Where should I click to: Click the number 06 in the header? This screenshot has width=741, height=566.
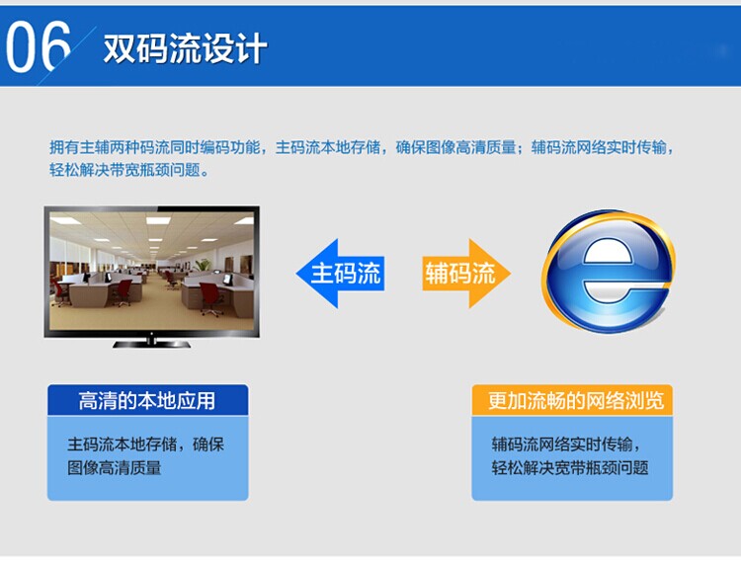tap(38, 47)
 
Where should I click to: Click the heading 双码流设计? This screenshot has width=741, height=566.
tap(185, 48)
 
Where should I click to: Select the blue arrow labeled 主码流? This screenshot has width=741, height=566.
tap(340, 274)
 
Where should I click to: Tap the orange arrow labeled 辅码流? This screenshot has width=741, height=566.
tap(466, 274)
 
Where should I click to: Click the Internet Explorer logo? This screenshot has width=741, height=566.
tap(609, 272)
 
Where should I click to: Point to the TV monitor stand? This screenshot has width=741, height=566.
tap(152, 343)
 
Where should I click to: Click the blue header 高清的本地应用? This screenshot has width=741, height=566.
tap(147, 401)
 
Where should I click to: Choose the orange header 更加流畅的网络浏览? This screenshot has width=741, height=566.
tap(572, 401)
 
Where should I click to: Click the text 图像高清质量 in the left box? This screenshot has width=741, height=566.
tap(115, 468)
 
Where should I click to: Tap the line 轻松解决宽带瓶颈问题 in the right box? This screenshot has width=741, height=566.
tap(570, 468)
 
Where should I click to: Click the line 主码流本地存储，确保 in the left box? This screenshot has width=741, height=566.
tap(145, 445)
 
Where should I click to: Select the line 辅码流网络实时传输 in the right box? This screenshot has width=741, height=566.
tap(562, 445)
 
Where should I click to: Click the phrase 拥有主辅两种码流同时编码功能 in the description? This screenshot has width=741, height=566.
tap(155, 147)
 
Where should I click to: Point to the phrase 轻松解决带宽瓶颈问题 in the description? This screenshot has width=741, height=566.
tap(124, 170)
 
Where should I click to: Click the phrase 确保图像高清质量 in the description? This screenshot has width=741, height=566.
tap(455, 147)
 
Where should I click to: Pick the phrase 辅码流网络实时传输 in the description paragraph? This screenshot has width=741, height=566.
tap(599, 147)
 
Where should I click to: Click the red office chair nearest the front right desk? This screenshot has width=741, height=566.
tap(211, 298)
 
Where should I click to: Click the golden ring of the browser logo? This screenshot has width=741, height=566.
tap(550, 283)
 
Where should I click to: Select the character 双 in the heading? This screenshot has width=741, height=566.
tap(119, 48)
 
